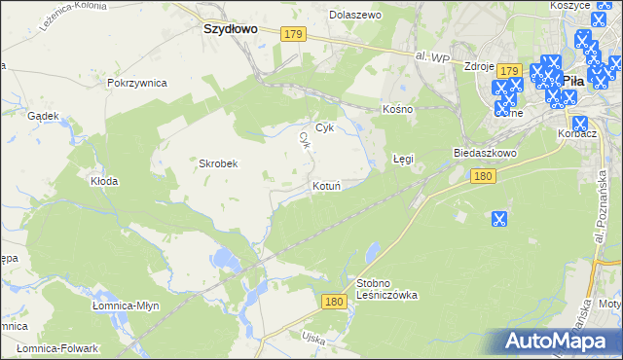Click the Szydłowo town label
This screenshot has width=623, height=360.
point(230,29)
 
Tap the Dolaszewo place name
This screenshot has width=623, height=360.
point(355,16)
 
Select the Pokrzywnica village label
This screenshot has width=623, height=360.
point(137,84)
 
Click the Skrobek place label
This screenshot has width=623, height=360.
point(219,163)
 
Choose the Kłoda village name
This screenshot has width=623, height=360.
point(104,181)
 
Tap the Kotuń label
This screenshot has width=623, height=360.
point(326,185)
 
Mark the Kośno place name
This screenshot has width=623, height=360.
point(399,109)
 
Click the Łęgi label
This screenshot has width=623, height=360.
point(403,157)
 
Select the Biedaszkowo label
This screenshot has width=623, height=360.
point(484,154)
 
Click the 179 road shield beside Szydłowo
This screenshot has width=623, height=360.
point(296,34)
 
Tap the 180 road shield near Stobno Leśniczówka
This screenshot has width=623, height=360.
point(334,303)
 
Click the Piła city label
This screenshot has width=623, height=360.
point(573,82)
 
